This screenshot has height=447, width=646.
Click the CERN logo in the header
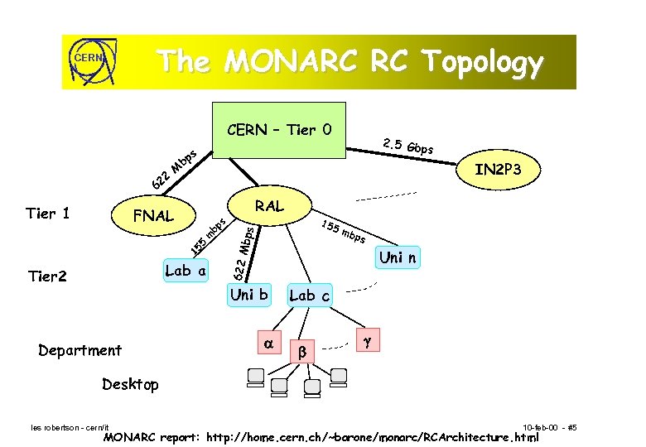point(89,61)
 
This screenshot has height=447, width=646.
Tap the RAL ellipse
point(269,205)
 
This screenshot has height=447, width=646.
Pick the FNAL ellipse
point(154,216)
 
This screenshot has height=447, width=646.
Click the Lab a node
point(186,271)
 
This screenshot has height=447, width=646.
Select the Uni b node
point(249,294)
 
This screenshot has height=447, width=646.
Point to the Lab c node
point(309,295)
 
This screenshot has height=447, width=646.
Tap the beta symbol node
point(302,352)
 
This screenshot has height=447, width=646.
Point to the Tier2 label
point(46,276)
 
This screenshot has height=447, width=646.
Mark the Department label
point(80,350)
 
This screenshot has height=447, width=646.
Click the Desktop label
point(130,384)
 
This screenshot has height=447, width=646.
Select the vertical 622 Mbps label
point(239,252)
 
